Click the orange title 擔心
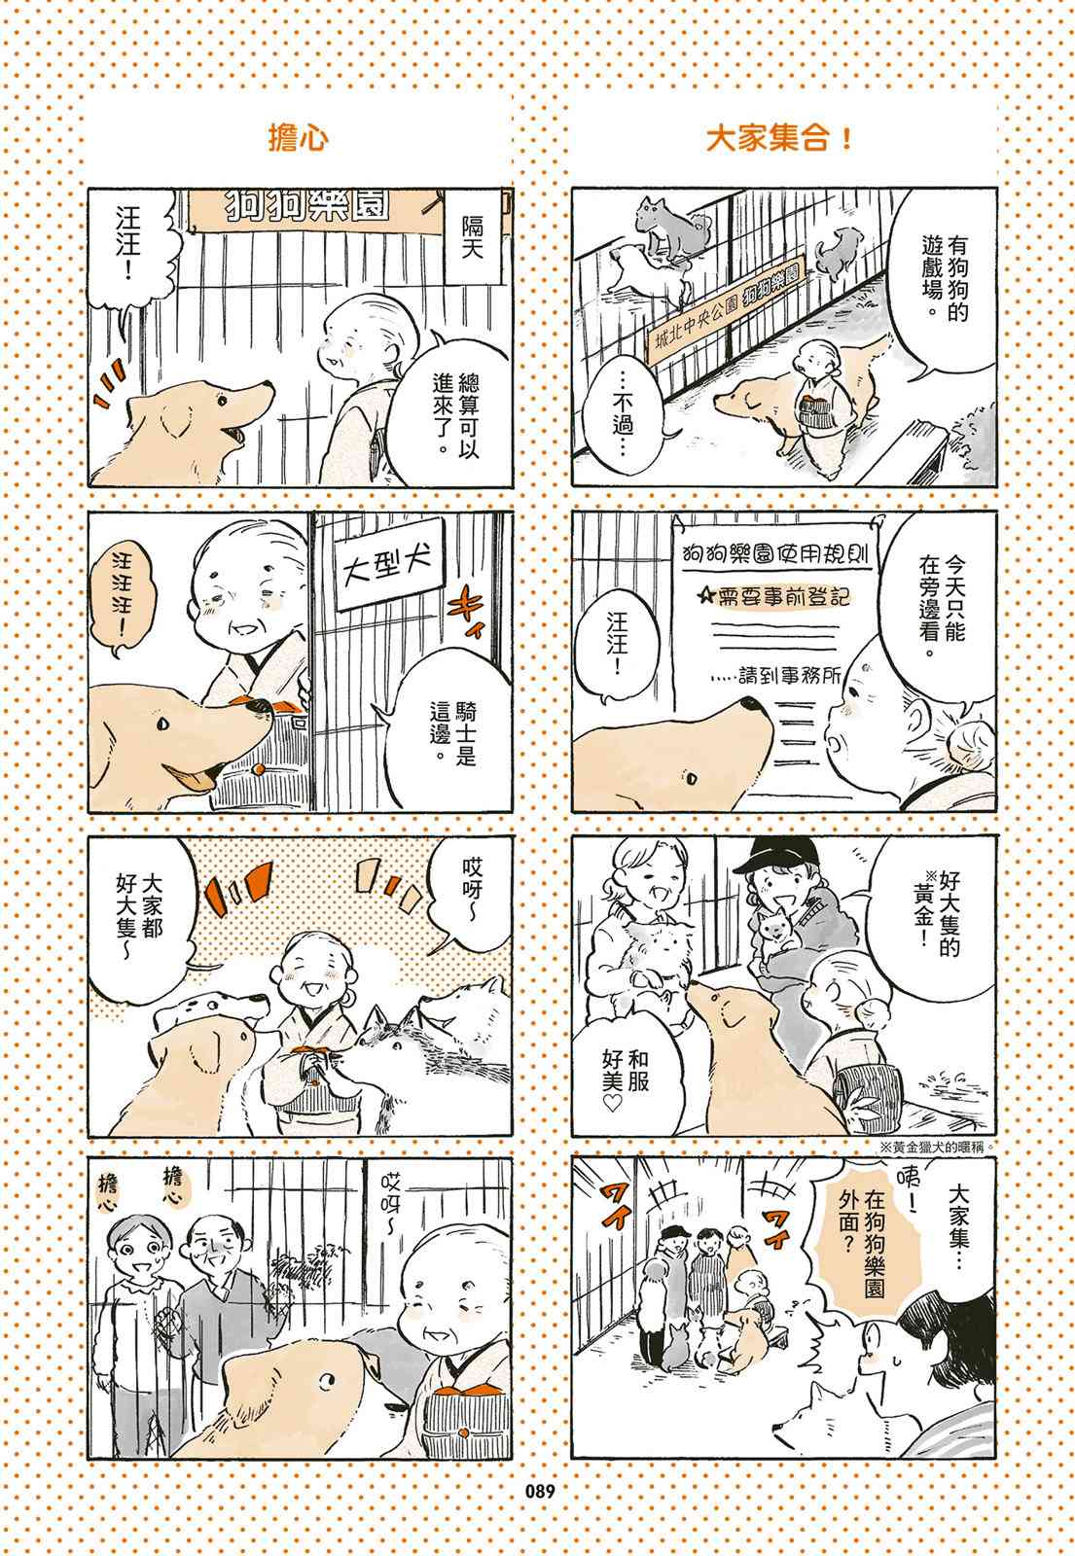pos(298,139)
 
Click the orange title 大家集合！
pos(779,139)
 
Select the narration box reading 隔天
pos(473,237)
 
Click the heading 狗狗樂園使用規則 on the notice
pos(777,553)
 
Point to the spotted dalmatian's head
pos(208,1009)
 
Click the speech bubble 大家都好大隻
pos(139,918)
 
